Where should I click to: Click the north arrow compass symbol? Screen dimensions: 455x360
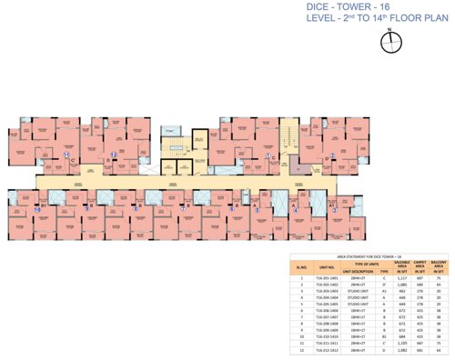click(x=389, y=37)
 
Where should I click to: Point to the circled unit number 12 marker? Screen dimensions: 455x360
click(x=114, y=155)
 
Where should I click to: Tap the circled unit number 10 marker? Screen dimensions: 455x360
click(x=39, y=208)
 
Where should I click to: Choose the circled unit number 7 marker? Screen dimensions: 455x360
click(x=182, y=208)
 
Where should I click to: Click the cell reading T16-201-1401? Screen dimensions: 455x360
click(x=328, y=277)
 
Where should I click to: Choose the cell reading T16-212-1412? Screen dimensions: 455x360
click(x=328, y=349)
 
